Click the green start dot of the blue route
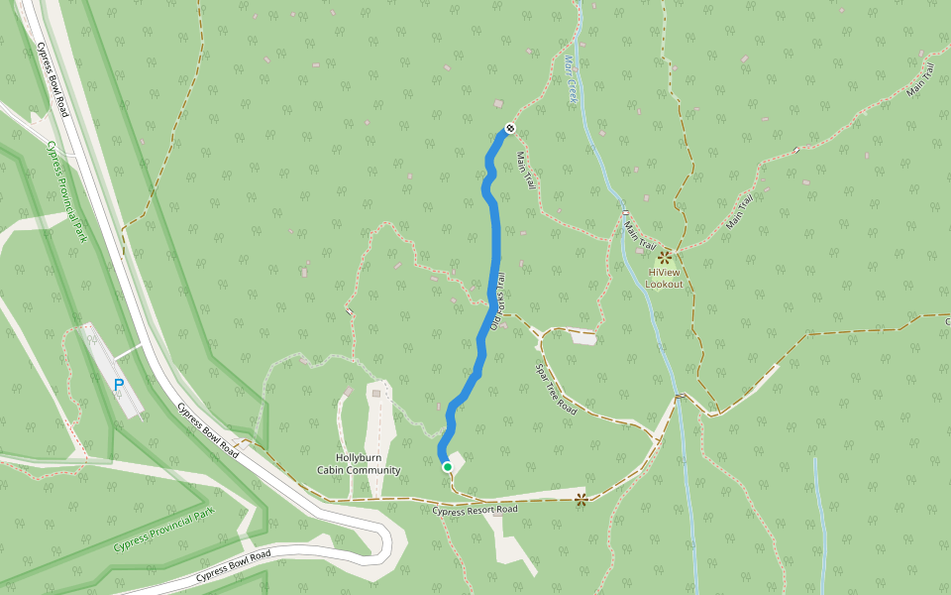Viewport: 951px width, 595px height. [447, 467]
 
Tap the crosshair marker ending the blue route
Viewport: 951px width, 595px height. [509, 128]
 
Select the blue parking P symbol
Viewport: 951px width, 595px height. [119, 385]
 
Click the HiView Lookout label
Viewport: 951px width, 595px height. [664, 278]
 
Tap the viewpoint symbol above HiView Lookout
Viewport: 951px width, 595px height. [664, 257]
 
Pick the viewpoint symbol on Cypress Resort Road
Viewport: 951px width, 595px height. [581, 500]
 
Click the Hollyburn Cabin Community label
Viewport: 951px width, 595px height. [359, 464]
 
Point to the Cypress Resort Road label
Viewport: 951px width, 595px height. [475, 510]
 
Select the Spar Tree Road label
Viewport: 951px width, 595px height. [556, 389]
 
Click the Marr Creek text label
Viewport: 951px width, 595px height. [570, 79]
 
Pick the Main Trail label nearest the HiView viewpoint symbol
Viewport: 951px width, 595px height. [640, 236]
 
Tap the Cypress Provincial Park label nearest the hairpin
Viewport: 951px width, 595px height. [163, 532]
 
